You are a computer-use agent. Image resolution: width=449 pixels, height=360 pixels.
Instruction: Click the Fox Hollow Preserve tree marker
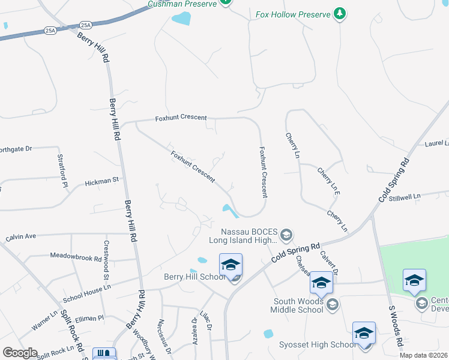click(x=340, y=14)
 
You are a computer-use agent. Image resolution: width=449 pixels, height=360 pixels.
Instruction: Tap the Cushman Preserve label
click(x=183, y=4)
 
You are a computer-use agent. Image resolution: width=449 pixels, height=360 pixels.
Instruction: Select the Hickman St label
click(x=102, y=180)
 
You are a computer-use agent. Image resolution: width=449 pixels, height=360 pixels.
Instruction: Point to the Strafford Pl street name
click(x=62, y=170)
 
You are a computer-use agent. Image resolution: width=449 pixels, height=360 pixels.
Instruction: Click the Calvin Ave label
click(x=21, y=237)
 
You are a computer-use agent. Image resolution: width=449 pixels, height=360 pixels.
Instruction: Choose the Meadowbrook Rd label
click(x=76, y=257)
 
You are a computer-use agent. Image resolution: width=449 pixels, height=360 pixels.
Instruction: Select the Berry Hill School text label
click(x=194, y=277)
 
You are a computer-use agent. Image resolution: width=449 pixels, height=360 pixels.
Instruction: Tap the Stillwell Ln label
click(x=421, y=196)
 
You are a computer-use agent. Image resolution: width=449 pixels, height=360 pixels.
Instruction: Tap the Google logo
click(x=20, y=353)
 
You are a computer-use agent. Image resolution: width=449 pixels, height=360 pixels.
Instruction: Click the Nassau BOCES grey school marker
click(x=286, y=235)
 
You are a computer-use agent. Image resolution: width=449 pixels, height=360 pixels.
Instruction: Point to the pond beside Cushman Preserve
click(x=181, y=19)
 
